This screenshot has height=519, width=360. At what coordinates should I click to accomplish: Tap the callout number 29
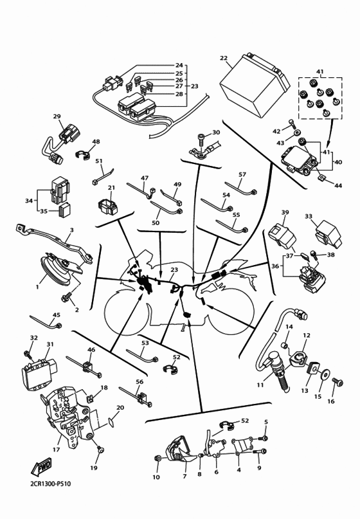click(x=57, y=116)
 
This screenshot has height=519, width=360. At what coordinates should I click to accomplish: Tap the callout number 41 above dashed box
click(x=319, y=71)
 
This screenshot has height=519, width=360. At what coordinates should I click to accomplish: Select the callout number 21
click(x=111, y=188)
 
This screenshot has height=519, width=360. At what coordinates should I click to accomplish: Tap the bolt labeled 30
click(x=203, y=137)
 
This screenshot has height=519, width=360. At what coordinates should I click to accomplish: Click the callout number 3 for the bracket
click(x=71, y=230)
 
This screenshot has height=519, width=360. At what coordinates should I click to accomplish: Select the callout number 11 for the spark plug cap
click(x=260, y=385)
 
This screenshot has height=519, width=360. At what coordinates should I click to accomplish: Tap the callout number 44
click(x=337, y=185)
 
